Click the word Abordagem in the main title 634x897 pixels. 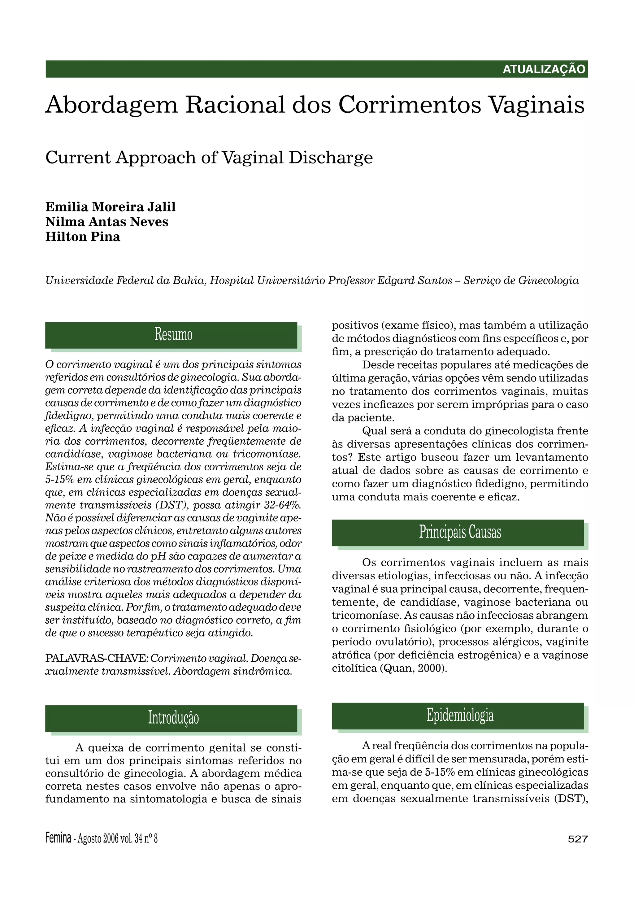pyautogui.click(x=111, y=105)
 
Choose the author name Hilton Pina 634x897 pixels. pyautogui.click(x=83, y=237)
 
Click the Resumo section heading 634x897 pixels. pyautogui.click(x=173, y=334)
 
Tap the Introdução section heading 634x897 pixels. pyautogui.click(x=173, y=718)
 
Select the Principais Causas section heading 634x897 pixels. pyautogui.click(x=460, y=532)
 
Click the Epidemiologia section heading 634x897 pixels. pyautogui.click(x=460, y=715)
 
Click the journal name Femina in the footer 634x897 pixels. pyautogui.click(x=58, y=838)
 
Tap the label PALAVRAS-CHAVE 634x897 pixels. pyautogui.click(x=97, y=658)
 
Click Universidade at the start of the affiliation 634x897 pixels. pyautogui.click(x=79, y=281)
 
